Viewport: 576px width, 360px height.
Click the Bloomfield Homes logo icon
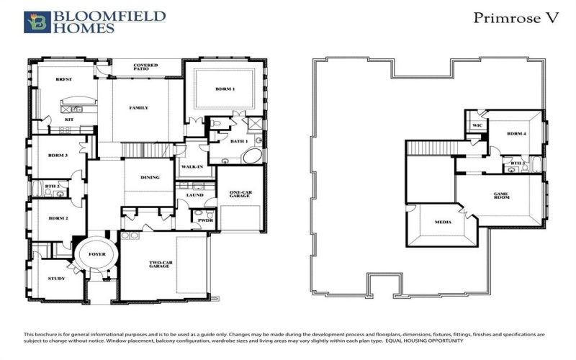coord(33,22)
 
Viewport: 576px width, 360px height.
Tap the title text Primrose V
coord(516,18)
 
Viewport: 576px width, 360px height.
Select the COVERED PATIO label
coord(145,68)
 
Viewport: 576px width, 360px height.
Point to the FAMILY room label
coord(138,108)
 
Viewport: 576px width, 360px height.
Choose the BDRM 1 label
coord(225,89)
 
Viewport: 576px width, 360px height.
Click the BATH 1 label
coord(239,141)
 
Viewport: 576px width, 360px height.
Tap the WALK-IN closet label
coord(191,166)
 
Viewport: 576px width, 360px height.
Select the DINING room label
coord(150,177)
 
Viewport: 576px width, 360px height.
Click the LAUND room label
coord(194,194)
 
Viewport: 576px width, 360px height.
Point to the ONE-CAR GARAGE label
coord(240,194)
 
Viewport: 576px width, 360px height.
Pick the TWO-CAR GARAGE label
coord(160,264)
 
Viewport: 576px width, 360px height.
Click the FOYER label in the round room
coord(96,254)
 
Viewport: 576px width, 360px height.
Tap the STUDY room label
coord(57,278)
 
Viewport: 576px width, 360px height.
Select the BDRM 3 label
coord(58,156)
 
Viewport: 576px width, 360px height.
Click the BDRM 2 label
coord(58,218)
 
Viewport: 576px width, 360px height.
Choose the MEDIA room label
coord(443,222)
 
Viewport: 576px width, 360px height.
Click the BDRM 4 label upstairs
coord(515,134)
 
